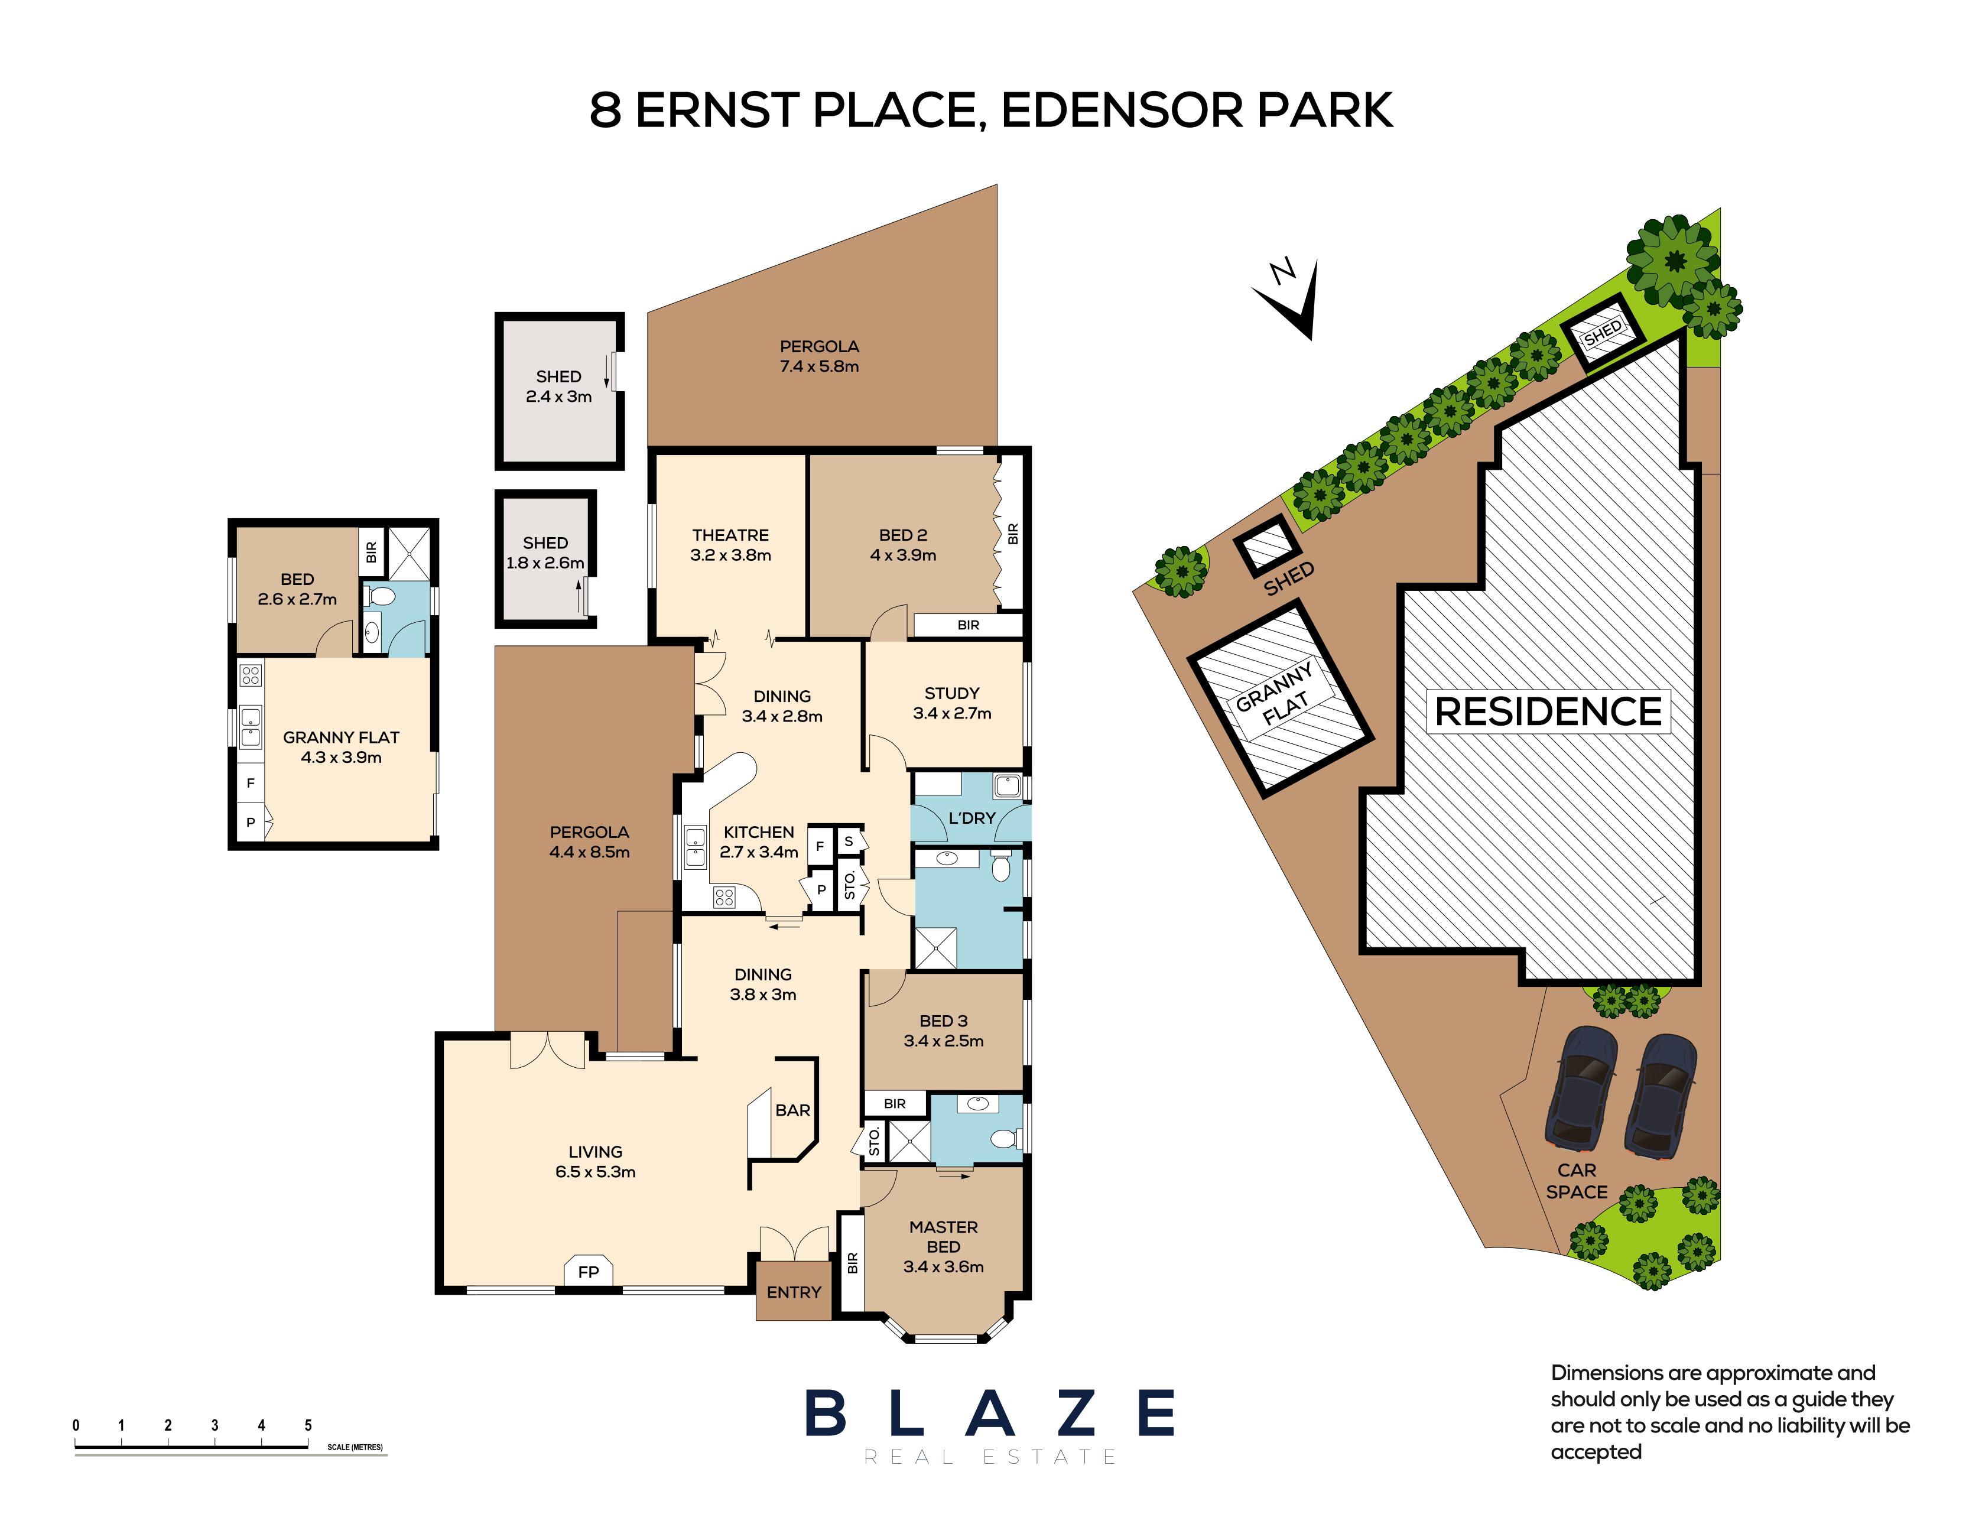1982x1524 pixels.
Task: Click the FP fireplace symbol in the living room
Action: (x=588, y=1271)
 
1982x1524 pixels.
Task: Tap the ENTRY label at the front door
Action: (x=793, y=1292)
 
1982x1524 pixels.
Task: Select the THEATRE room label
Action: (x=730, y=535)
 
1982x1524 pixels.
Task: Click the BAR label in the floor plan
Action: (x=792, y=1109)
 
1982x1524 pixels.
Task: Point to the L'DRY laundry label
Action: (x=971, y=817)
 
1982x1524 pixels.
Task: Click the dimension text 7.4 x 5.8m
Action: (x=819, y=366)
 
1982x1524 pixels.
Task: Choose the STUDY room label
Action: (x=951, y=693)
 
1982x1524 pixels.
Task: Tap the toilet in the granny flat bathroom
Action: (x=382, y=597)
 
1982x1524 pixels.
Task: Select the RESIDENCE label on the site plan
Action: (x=1548, y=711)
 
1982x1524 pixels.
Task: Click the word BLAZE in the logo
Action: (x=989, y=1412)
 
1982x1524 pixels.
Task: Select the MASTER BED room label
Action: (x=943, y=1236)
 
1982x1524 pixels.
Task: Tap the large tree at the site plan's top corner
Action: (x=1672, y=261)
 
